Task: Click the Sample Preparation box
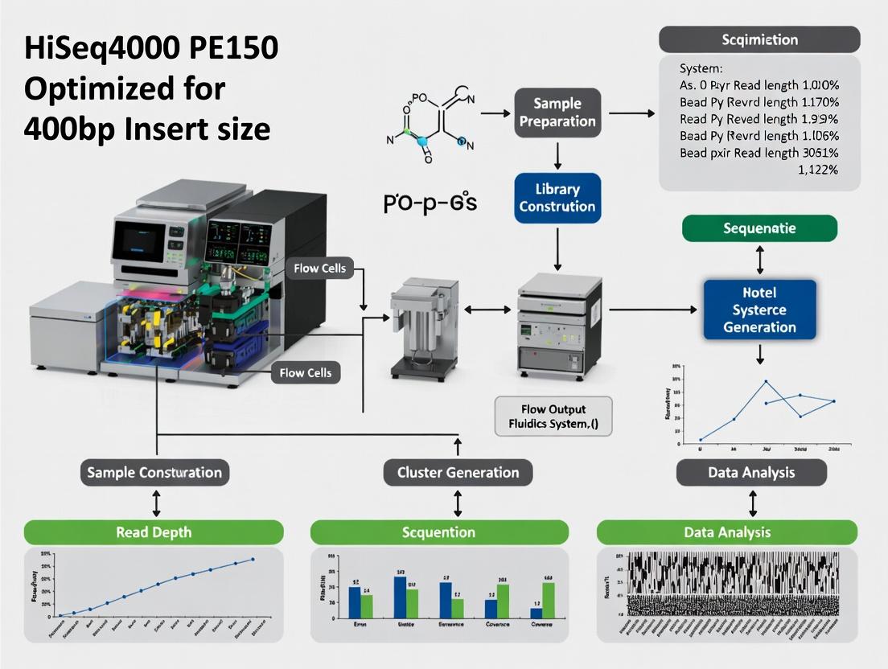(x=557, y=113)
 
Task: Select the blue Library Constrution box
(x=557, y=198)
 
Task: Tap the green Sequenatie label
(x=759, y=228)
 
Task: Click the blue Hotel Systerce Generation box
(x=759, y=310)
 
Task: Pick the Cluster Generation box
(x=458, y=472)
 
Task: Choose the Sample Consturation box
(x=155, y=472)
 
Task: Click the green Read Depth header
(x=154, y=532)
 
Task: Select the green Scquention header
(x=439, y=532)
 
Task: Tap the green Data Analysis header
(x=726, y=532)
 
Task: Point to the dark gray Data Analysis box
(x=750, y=473)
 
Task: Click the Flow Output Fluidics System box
(x=553, y=417)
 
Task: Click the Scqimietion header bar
(x=759, y=39)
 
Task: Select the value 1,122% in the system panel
(x=817, y=170)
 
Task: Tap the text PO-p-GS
(x=430, y=203)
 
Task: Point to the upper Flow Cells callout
(x=319, y=268)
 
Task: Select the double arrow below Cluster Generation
(x=458, y=504)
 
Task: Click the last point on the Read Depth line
(x=253, y=559)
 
